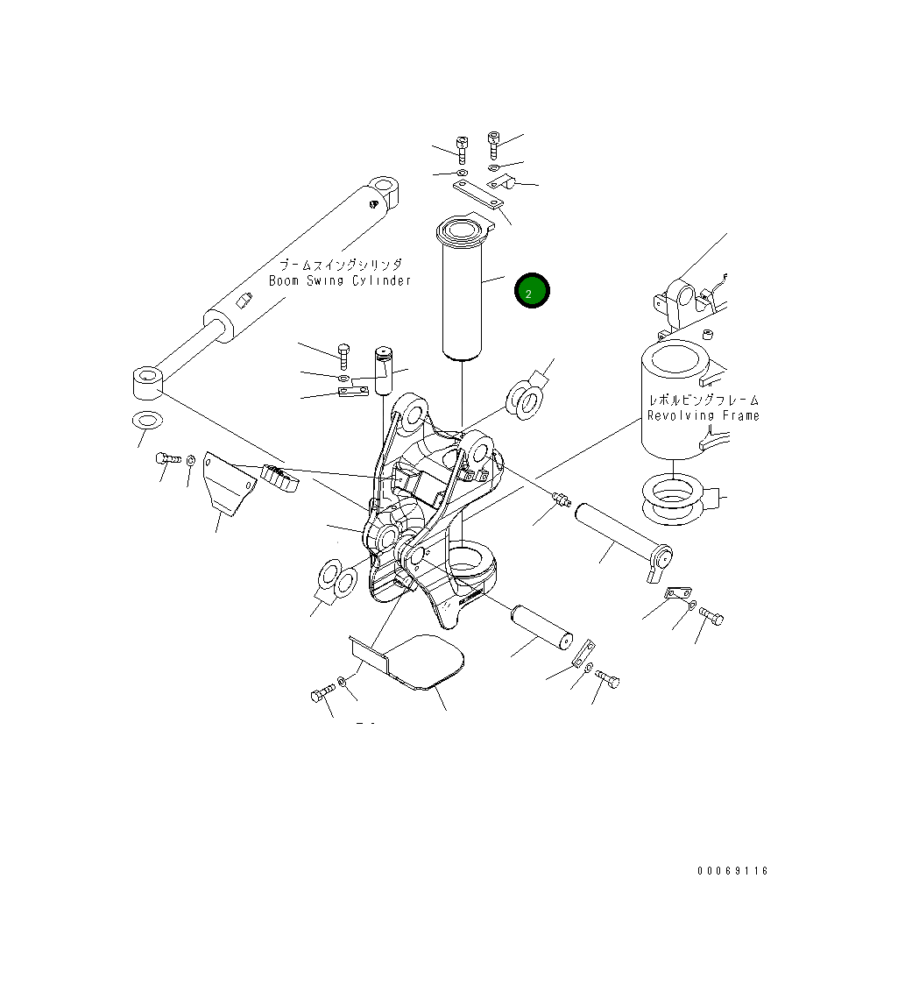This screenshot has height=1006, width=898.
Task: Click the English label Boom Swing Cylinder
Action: tap(340, 280)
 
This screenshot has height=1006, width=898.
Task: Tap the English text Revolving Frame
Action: tap(703, 415)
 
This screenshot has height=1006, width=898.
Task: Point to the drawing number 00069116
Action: tap(732, 871)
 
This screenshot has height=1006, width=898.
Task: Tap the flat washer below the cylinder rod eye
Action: tap(145, 420)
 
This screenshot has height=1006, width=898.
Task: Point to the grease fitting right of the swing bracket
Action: tap(561, 499)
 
